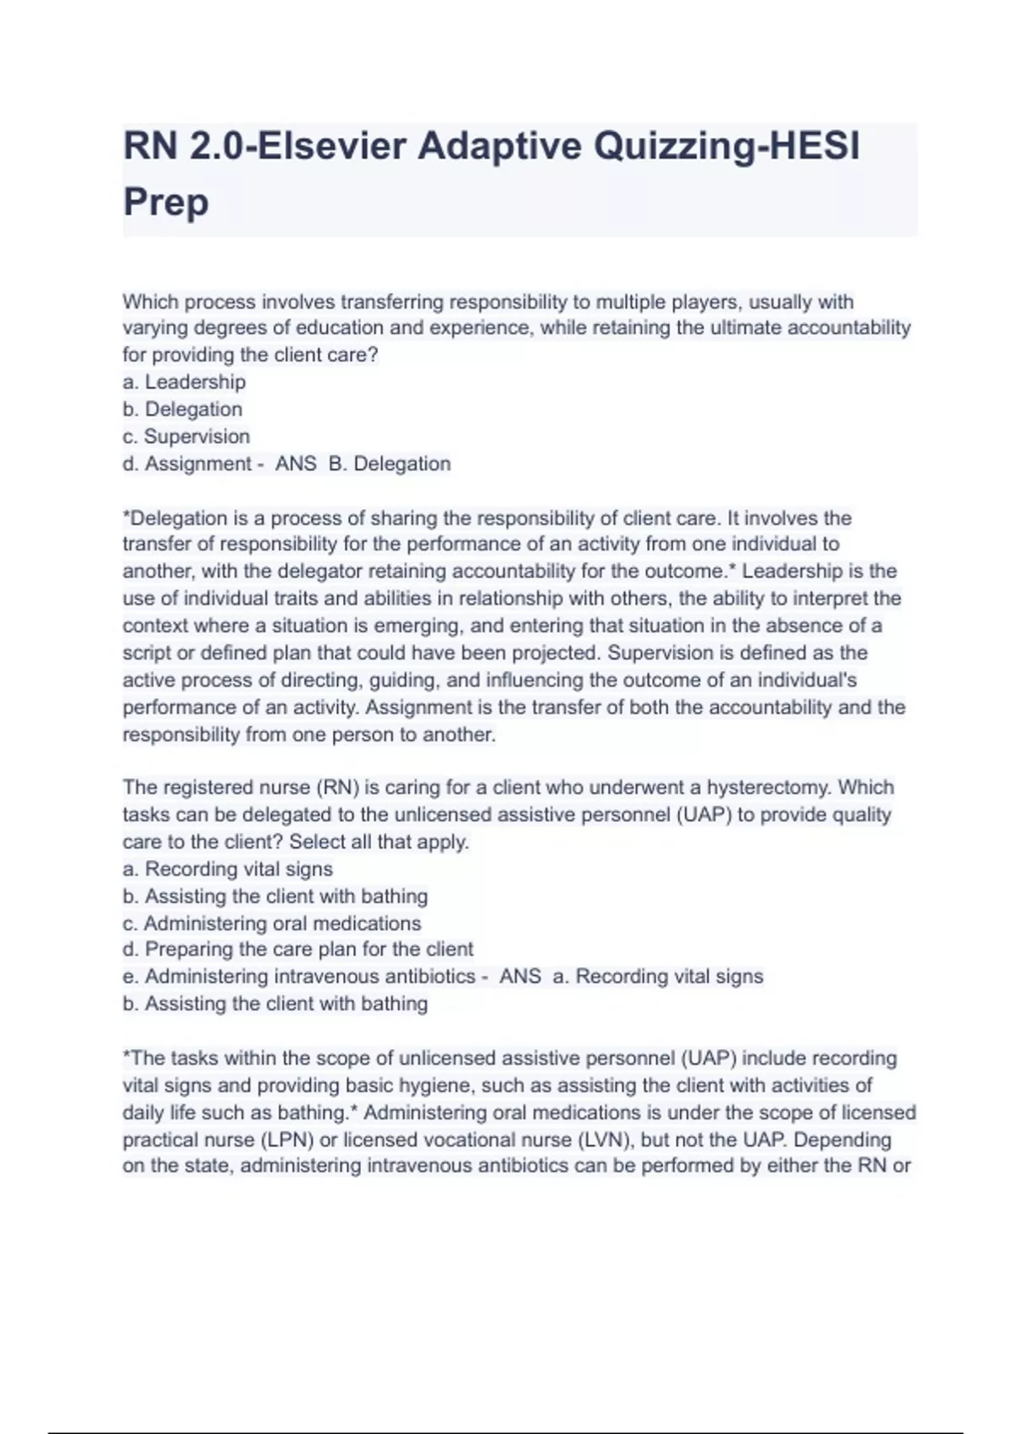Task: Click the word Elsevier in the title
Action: tap(331, 146)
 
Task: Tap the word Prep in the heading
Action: tap(166, 202)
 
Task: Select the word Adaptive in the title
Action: tap(500, 146)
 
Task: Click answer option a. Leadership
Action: tap(184, 382)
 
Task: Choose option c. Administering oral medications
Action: tap(272, 924)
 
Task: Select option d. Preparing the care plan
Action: tap(298, 950)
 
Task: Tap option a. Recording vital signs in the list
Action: tap(228, 870)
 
